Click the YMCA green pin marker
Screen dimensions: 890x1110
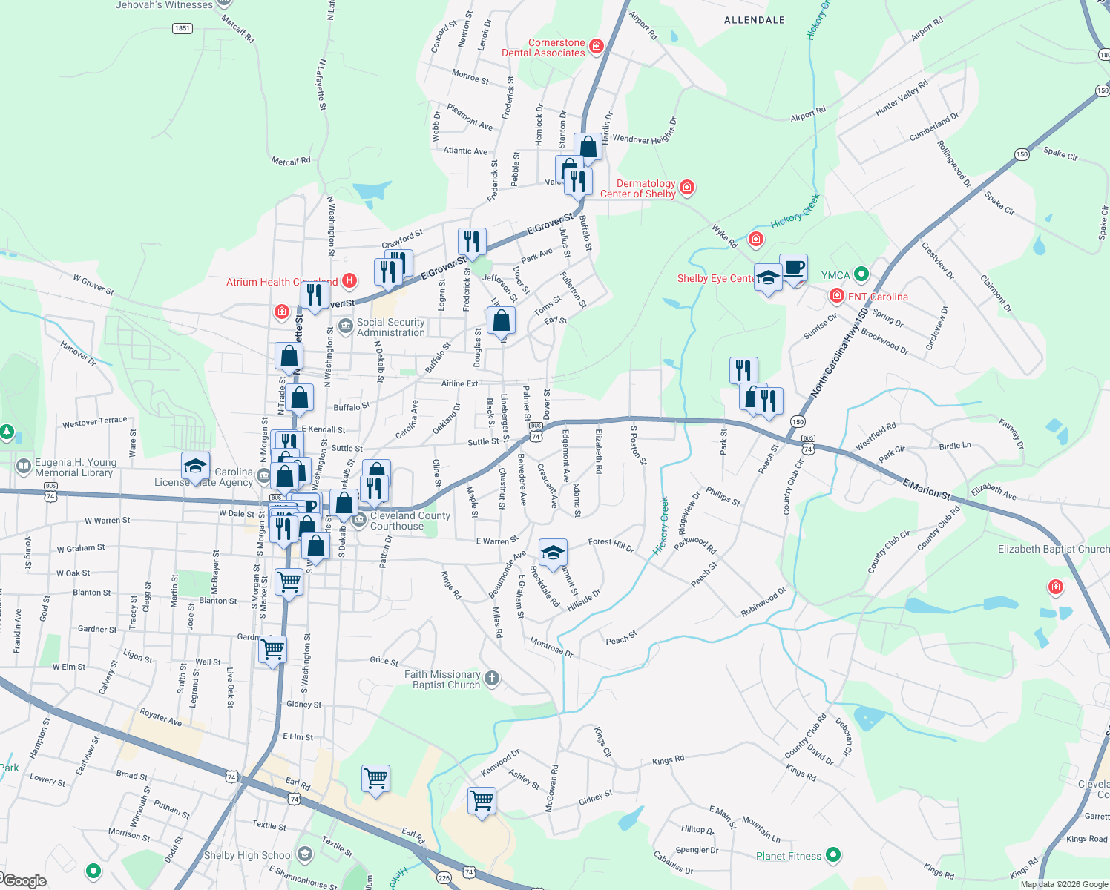861,274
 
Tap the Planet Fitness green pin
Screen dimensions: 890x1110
833,855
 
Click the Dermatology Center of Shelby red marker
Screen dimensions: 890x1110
687,187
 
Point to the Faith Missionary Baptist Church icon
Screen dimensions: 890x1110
491,678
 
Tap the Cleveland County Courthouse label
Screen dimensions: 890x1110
410,521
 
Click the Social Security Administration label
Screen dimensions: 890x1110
391,327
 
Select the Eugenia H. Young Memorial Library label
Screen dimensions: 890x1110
75,467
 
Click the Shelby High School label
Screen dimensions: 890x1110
249,855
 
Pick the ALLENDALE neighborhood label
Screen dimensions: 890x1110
755,20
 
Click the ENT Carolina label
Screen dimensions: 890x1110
878,297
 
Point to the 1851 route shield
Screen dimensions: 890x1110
182,28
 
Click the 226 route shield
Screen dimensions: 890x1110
444,878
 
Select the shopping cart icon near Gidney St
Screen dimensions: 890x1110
482,800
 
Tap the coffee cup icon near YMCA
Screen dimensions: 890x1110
793,267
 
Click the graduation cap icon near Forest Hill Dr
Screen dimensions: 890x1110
553,553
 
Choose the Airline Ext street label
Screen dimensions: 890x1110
459,383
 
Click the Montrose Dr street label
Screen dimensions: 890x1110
551,647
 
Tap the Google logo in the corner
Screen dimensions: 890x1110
24,880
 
